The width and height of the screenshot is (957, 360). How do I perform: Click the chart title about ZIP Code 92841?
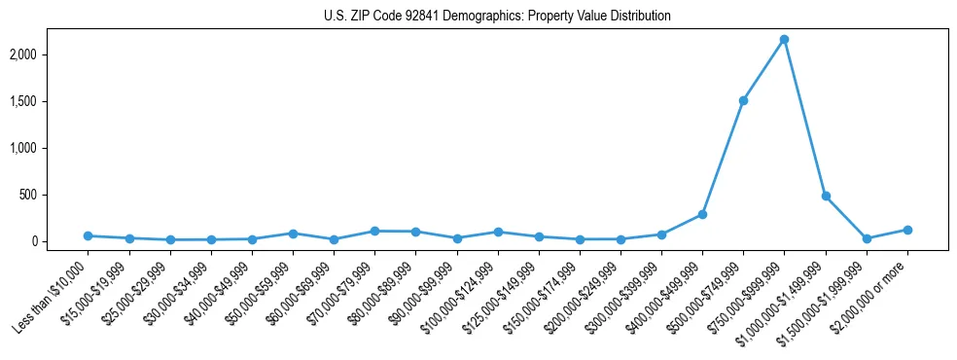(x=497, y=17)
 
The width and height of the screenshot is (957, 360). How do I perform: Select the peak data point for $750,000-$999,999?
(x=784, y=40)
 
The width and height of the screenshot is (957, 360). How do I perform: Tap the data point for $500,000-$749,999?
(x=743, y=100)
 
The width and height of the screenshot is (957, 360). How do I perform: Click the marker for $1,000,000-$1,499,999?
(x=826, y=196)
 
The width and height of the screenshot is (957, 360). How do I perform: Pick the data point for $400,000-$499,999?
(x=702, y=214)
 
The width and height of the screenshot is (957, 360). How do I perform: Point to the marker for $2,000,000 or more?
(x=907, y=230)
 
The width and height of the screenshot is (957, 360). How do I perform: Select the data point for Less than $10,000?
(x=89, y=235)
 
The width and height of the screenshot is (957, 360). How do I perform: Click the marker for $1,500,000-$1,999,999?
(x=867, y=238)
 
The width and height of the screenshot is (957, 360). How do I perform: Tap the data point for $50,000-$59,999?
(x=293, y=234)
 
